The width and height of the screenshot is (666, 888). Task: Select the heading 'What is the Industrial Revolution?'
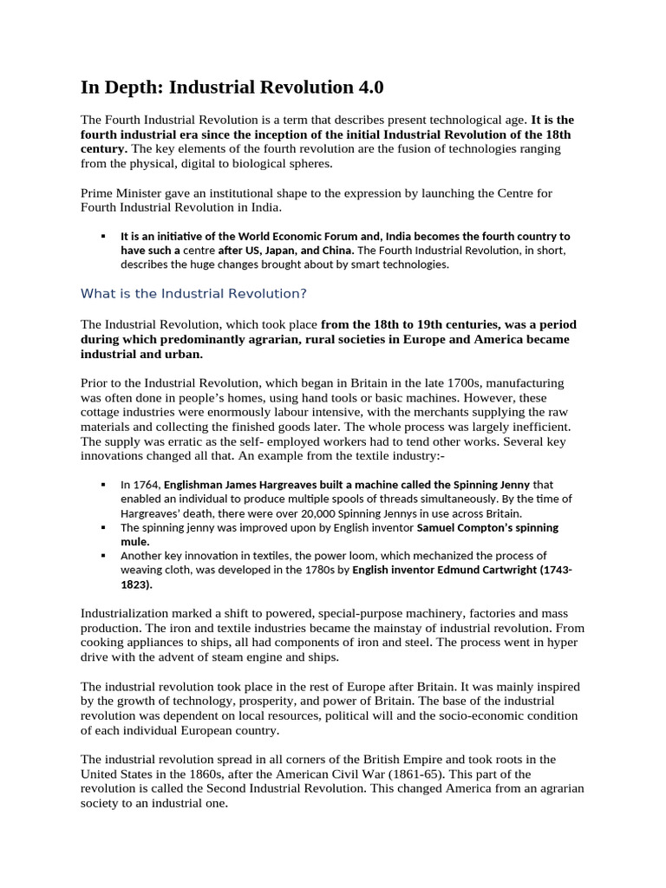point(193,293)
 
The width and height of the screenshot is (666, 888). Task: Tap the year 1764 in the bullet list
point(146,485)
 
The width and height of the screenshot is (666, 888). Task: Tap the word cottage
point(103,412)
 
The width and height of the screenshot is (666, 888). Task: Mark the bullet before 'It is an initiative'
point(103,236)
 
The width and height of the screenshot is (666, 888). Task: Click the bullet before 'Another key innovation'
point(103,555)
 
